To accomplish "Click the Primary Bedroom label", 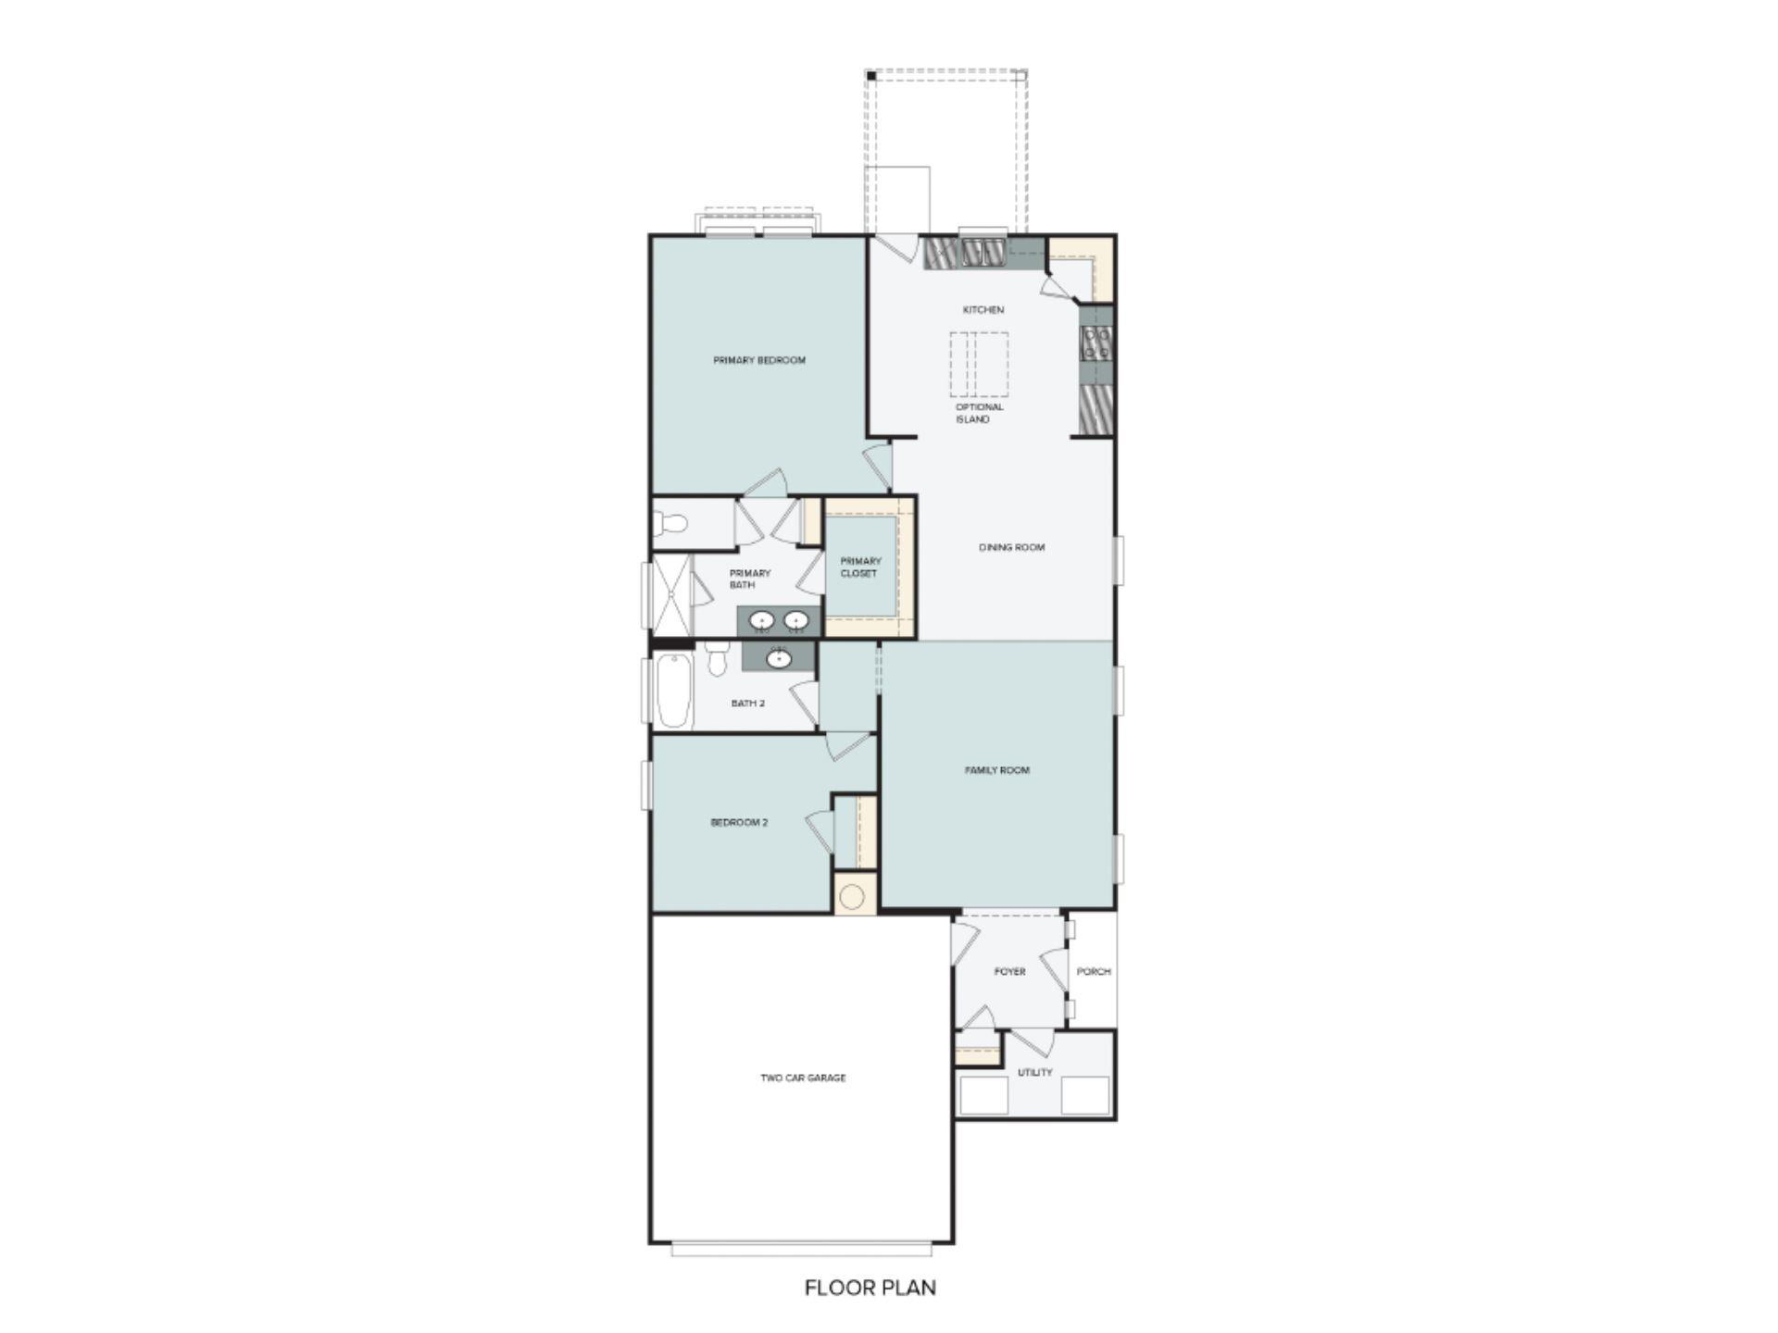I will [759, 360].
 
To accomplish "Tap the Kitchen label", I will [983, 310].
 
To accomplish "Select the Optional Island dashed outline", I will [979, 364].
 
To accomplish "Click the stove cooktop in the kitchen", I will [1096, 343].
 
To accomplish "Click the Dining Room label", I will [1011, 547].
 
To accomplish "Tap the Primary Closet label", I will [860, 567].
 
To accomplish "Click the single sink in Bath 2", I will [779, 659].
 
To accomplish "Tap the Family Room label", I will [996, 770].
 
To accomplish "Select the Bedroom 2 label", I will [739, 822].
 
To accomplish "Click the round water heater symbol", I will [853, 896].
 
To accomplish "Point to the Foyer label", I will [1009, 972].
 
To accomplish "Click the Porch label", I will [1094, 972].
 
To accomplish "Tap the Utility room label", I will [1034, 1072].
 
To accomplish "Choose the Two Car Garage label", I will [803, 1078].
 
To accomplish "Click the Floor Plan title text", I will [870, 1288].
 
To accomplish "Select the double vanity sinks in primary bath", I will [779, 620].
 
